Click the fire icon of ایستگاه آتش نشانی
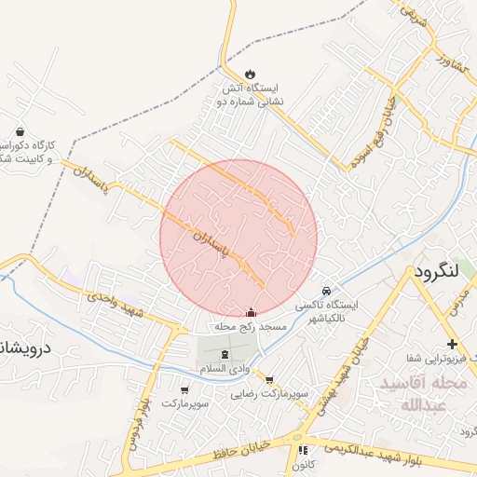[x=250, y=74]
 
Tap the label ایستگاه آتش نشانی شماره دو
[x=250, y=94]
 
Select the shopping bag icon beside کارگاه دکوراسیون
[x=20, y=131]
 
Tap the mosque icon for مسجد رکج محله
[x=250, y=314]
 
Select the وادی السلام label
[x=225, y=370]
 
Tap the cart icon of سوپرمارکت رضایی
[x=269, y=379]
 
